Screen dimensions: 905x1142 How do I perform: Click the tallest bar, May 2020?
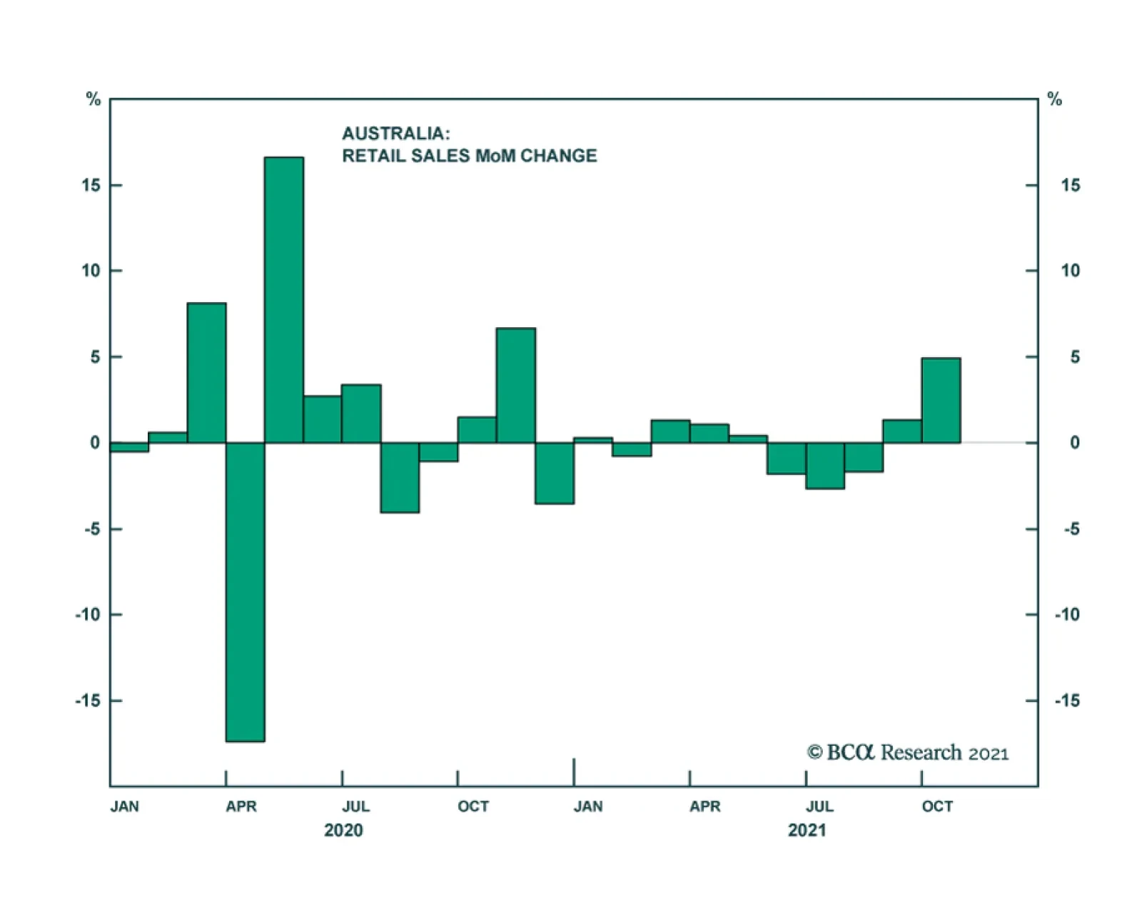coord(283,300)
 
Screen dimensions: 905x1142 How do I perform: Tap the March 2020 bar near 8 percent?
coord(206,373)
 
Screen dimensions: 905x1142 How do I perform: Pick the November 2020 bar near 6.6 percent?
coord(515,386)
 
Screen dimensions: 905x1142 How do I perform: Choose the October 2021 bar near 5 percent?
coord(941,400)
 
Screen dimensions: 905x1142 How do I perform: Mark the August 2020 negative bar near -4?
coord(400,477)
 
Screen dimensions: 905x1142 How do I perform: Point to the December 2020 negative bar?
coord(555,473)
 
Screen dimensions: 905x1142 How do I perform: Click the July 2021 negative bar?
coord(825,466)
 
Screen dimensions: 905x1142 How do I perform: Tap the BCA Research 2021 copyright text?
coord(907,753)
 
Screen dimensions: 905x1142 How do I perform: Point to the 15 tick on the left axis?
coord(115,185)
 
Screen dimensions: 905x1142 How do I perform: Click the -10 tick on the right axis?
coord(1032,614)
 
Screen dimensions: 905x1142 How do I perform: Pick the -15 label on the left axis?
coord(88,701)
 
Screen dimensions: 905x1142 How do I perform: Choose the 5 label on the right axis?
coord(1075,356)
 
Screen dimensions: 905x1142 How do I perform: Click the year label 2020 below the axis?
coord(343,830)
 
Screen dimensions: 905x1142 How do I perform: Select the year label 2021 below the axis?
coord(807,830)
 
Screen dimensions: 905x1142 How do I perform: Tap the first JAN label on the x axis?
coord(124,806)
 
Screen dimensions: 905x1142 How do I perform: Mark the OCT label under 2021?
coord(937,806)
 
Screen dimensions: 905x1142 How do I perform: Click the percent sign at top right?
coord(1054,99)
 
